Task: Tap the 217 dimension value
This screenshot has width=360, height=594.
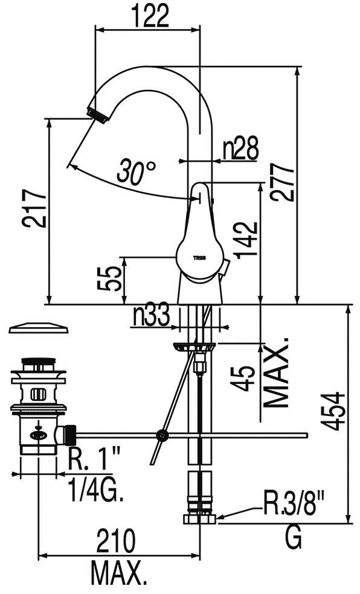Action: point(34,208)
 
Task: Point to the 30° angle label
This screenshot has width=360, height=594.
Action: point(136,172)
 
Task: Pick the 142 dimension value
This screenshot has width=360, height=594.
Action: point(246,240)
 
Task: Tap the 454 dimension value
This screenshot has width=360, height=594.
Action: point(334,412)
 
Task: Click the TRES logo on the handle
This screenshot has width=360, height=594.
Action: point(200,258)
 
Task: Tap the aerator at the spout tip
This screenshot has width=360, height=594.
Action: point(98,115)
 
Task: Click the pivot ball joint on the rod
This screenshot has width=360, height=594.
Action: point(162,435)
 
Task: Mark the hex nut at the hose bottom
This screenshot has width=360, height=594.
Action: point(199,519)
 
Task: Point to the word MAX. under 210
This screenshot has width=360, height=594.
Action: point(119,574)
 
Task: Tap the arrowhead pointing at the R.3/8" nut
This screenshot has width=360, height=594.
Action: point(220,516)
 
